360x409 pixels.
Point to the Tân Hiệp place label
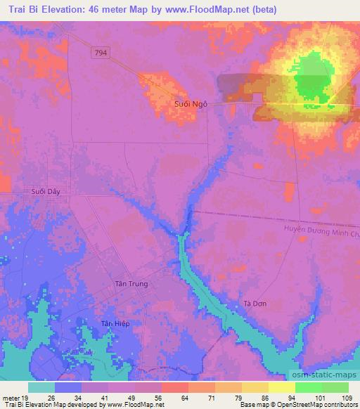115,323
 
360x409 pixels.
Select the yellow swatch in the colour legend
282,387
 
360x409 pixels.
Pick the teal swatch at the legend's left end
41,387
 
